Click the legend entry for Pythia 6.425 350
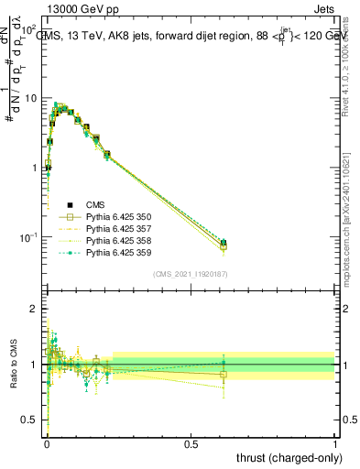[117, 216]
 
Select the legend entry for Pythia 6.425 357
[117, 228]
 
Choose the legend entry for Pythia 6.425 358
[117, 240]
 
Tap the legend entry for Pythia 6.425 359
[117, 252]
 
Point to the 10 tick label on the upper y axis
[31, 98]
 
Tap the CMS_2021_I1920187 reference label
[190, 275]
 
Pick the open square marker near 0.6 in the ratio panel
[224, 375]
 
